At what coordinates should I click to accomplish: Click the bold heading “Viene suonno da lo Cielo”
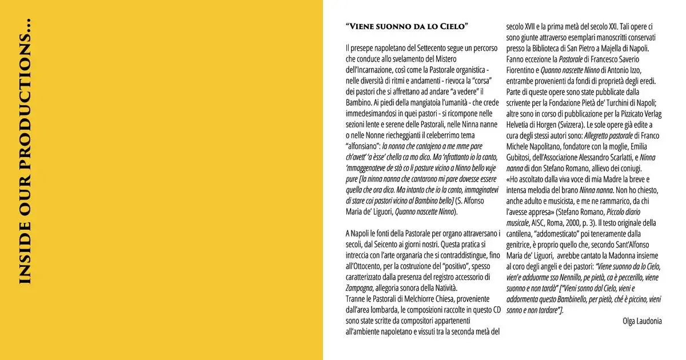[407, 27]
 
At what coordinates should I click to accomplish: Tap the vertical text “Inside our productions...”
[25, 152]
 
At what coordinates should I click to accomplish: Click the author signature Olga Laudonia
[642, 321]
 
